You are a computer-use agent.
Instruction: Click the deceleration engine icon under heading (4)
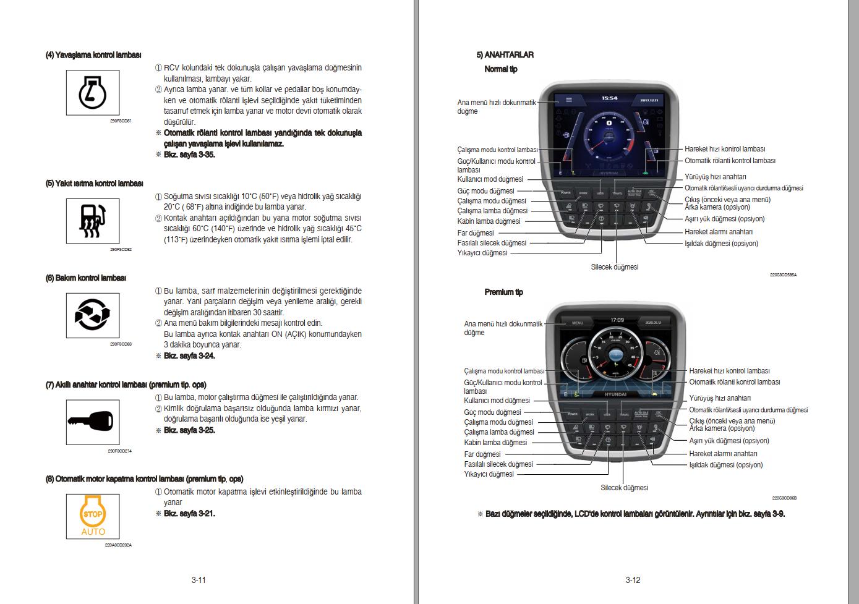click(x=93, y=93)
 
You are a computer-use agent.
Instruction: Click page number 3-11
click(x=198, y=580)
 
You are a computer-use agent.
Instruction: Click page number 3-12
click(x=633, y=580)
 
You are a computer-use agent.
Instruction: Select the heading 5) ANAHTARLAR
click(x=505, y=55)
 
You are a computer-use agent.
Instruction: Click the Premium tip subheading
click(x=503, y=292)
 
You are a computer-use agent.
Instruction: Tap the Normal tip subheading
click(x=500, y=69)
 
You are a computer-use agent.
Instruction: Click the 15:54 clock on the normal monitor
click(x=610, y=98)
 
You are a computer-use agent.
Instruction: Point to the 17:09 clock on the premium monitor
click(x=617, y=320)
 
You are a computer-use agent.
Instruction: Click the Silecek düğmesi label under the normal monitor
click(x=614, y=267)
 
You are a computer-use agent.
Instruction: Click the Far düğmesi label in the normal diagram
click(x=476, y=233)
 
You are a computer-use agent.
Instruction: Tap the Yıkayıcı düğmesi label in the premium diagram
click(x=489, y=474)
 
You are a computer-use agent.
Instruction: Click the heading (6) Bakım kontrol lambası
click(x=86, y=278)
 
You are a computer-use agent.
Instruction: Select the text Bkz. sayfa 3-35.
click(x=189, y=155)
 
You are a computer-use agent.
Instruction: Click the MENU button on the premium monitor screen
click(x=577, y=323)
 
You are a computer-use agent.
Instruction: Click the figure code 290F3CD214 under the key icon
click(x=120, y=451)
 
